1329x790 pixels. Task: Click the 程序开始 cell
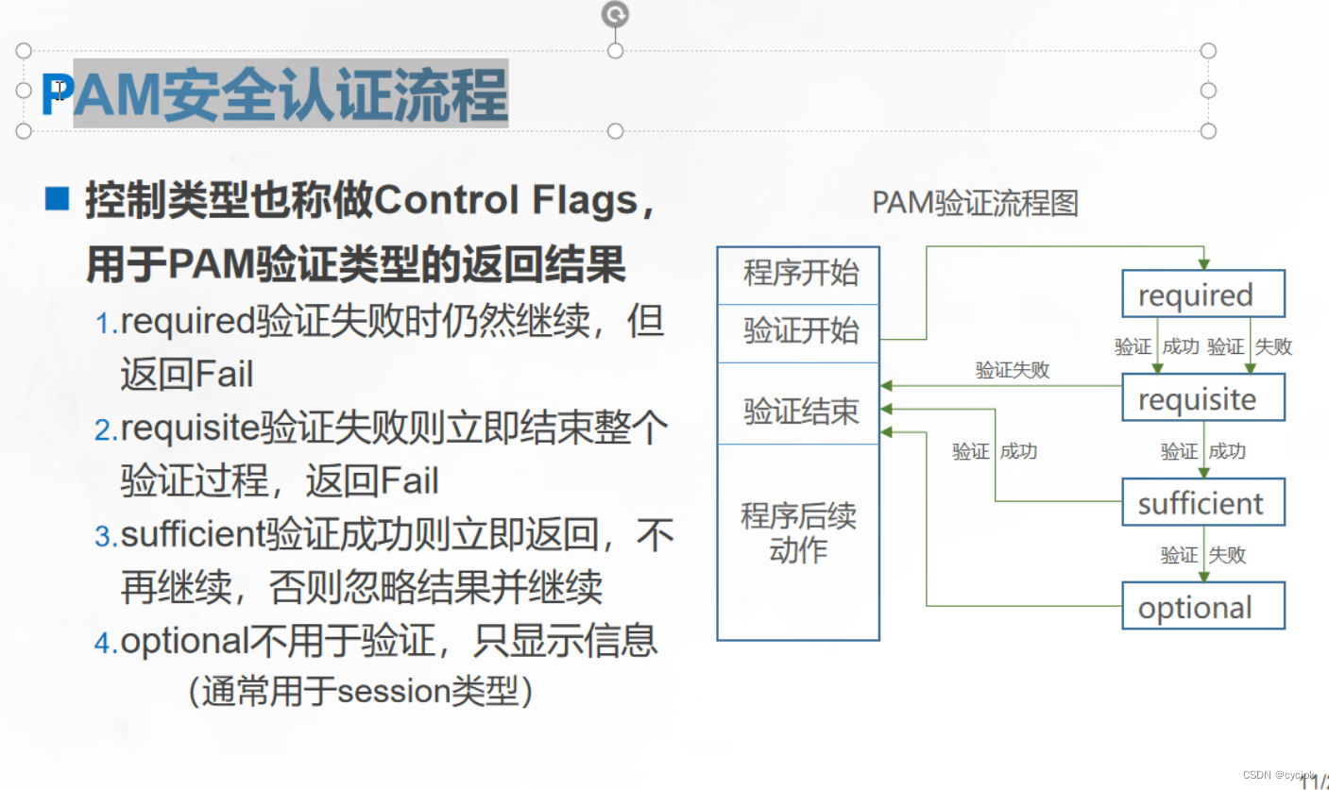pyautogui.click(x=799, y=275)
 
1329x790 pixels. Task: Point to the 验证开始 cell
pyautogui.click(x=799, y=331)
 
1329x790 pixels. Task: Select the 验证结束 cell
pyautogui.click(x=799, y=411)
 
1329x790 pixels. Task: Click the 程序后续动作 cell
pyautogui.click(x=799, y=532)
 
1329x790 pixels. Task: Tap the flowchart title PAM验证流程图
pyautogui.click(x=975, y=203)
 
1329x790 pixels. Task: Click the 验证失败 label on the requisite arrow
pyautogui.click(x=1012, y=370)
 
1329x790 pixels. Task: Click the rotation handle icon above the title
pyautogui.click(x=615, y=14)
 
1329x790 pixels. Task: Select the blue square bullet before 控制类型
pyautogui.click(x=58, y=199)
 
